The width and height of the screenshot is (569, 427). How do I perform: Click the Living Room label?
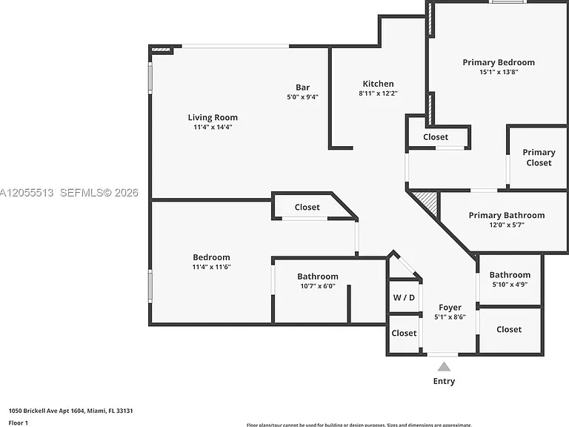213,117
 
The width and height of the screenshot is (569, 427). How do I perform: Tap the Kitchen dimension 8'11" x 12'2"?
378,93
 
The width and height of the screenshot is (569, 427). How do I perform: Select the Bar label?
302,87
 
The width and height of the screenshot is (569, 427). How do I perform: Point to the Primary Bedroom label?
499,62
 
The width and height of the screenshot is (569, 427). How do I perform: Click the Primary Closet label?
539,157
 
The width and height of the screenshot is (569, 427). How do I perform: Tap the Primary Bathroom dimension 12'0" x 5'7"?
507,225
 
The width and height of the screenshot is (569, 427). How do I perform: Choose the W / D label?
404,298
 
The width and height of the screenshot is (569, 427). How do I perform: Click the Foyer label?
450,308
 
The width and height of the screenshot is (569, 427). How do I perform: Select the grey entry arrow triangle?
444,367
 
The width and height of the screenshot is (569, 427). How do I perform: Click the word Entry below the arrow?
444,381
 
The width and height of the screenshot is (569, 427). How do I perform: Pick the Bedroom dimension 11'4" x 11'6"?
212,267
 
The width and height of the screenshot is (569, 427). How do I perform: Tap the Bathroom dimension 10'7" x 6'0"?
318,286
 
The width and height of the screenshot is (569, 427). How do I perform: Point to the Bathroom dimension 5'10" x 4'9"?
510,285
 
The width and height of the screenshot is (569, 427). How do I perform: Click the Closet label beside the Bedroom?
307,207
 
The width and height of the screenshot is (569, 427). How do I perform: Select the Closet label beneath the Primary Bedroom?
436,137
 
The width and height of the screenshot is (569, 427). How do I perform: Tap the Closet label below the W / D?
404,333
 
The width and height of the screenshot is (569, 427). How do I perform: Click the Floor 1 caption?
18,423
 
